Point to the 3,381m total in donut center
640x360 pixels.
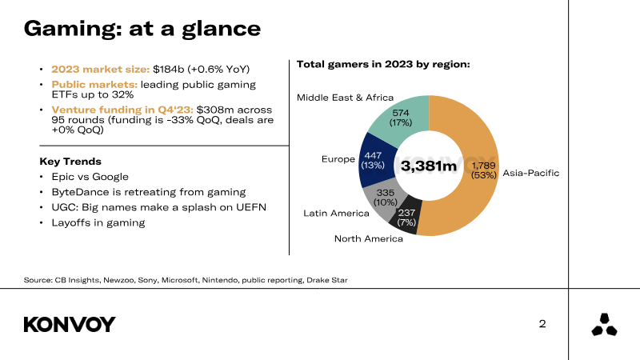[x=429, y=166]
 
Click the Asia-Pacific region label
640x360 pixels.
[x=530, y=173]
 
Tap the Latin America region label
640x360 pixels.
[x=336, y=213]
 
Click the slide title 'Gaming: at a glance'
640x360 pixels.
[x=142, y=28]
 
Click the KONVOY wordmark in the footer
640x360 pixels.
[x=70, y=324]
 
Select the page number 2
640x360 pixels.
[x=542, y=324]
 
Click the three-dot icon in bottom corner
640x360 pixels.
[x=604, y=325]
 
